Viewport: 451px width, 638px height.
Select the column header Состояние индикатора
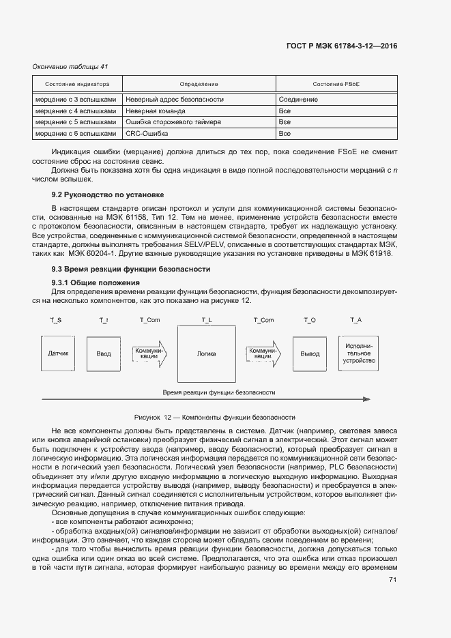(x=77, y=84)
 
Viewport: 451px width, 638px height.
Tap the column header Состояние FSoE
(x=336, y=84)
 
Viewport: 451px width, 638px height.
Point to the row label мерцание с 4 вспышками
(x=76, y=111)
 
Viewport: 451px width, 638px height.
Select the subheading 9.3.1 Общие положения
(x=96, y=282)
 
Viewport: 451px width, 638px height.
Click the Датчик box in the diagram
(x=58, y=354)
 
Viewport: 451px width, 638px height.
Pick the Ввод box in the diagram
(x=103, y=354)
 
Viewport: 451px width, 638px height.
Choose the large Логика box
(x=206, y=354)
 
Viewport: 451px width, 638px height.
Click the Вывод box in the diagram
(x=310, y=354)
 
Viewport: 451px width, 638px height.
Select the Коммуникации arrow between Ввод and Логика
(x=147, y=353)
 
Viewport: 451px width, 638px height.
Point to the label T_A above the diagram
(x=355, y=319)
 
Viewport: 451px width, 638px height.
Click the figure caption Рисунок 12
(x=214, y=416)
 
